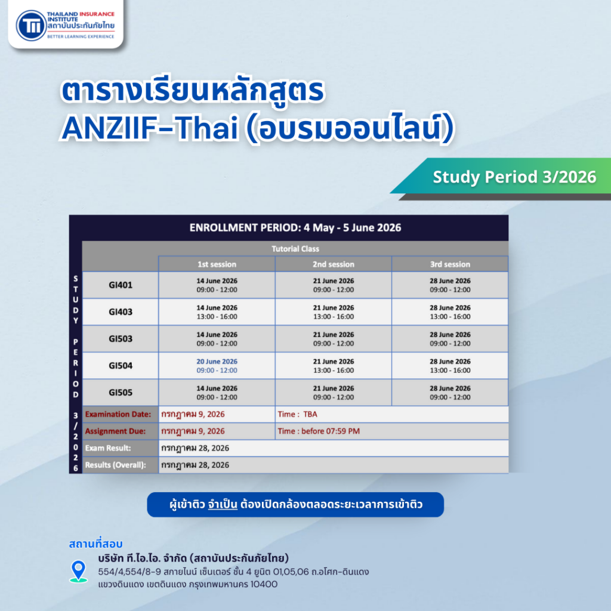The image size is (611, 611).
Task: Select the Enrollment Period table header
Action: (x=295, y=227)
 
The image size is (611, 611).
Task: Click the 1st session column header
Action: (x=217, y=264)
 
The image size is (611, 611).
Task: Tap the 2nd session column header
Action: (x=333, y=264)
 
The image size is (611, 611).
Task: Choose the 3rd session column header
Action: (x=449, y=264)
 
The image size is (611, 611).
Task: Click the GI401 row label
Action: (x=121, y=285)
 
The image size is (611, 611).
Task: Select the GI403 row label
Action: (x=121, y=311)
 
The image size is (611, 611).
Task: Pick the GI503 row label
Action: (x=121, y=338)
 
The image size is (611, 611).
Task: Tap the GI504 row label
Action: (x=121, y=365)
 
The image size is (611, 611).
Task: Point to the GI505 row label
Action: (x=121, y=392)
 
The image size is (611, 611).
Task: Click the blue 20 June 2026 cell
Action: (x=217, y=366)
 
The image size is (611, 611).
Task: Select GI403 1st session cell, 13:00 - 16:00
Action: (x=217, y=312)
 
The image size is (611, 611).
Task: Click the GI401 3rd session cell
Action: (x=449, y=285)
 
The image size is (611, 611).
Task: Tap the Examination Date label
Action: (x=118, y=414)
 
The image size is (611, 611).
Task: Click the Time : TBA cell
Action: (x=391, y=414)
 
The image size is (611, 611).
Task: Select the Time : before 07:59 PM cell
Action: (x=391, y=431)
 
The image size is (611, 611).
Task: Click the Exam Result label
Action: (x=108, y=448)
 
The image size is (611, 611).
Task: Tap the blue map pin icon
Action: (x=78, y=571)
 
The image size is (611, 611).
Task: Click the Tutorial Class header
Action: (x=295, y=249)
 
